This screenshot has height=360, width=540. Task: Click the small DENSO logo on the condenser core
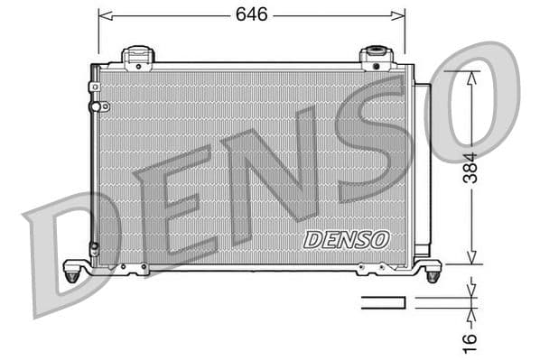pos(345,239)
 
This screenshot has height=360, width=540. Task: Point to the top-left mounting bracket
pos(138,58)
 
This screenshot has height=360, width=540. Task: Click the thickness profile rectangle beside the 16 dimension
pos(385,302)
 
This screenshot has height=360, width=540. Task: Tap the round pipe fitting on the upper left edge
pos(95,106)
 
